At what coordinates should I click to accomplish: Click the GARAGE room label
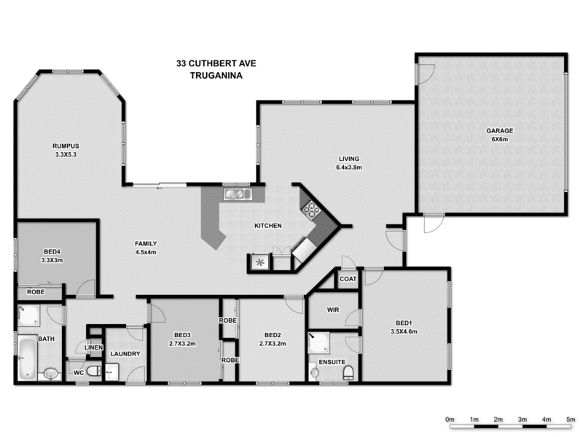pos(500,131)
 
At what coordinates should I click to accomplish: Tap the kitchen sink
pos(238,194)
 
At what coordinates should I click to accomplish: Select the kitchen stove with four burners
pos(311,210)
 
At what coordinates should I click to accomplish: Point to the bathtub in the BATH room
pos(27,358)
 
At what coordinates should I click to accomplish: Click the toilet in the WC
pos(94,371)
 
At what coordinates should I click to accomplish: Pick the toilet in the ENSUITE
pos(348,372)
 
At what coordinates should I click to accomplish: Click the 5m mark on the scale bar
pos(571,420)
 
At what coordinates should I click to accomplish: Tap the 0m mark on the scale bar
pos(450,420)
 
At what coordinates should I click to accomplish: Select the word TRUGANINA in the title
pos(216,76)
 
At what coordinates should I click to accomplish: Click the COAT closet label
pos(348,279)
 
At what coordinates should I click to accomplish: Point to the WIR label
pos(333,310)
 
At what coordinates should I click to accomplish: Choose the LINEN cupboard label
pos(94,347)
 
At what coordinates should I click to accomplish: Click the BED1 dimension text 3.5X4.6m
pos(404,331)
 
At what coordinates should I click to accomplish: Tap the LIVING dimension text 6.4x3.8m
pos(349,168)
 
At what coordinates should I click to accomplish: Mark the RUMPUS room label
pos(66,146)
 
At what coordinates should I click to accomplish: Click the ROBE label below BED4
pos(36,292)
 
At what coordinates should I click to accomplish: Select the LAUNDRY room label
pos(125,354)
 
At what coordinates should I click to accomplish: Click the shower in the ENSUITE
pos(319,342)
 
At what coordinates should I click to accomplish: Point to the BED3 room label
pos(182,335)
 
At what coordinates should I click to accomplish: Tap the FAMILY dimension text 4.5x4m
pos(146,252)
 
